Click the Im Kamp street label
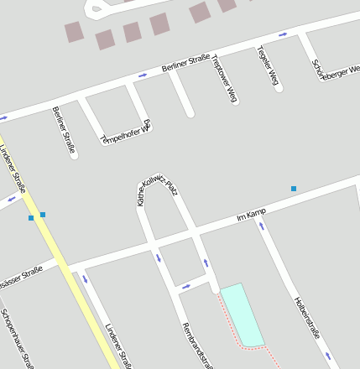[x=252, y=216]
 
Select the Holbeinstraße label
[x=308, y=317]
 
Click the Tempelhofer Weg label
[x=125, y=132]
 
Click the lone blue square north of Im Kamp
[x=294, y=189]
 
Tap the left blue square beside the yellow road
[x=31, y=218]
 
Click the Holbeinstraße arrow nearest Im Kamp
[x=262, y=225]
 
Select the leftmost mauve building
[x=75, y=32]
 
